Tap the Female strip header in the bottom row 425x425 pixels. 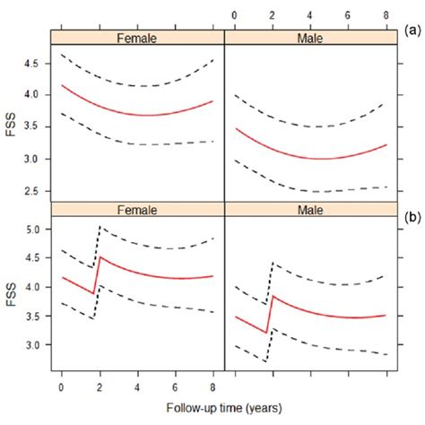(x=136, y=210)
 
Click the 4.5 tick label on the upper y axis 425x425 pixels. (x=35, y=63)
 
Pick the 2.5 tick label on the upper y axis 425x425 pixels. (x=35, y=191)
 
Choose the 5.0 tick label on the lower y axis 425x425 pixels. (x=35, y=230)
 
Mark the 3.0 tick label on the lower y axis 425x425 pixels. (x=35, y=344)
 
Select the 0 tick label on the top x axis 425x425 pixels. (x=233, y=14)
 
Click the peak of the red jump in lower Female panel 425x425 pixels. (x=100, y=258)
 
